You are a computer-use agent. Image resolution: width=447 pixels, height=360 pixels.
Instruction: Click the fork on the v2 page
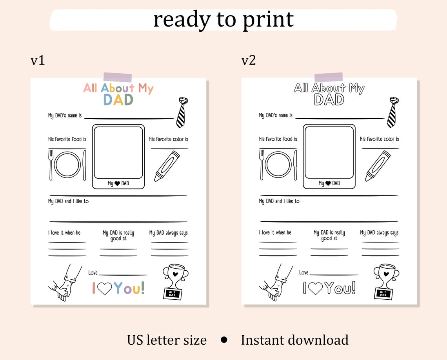262,165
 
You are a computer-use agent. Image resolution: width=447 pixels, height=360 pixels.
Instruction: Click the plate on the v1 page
67,165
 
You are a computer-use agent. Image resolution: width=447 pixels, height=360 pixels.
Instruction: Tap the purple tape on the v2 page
329,77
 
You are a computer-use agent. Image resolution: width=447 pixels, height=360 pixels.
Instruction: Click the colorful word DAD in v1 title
118,100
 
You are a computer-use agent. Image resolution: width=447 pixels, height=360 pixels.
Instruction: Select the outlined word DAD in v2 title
329,100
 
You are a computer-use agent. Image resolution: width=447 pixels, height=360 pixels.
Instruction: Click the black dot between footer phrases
224,340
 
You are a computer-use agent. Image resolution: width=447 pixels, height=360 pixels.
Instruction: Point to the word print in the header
268,19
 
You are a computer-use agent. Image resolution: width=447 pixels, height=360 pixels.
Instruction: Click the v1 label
38,60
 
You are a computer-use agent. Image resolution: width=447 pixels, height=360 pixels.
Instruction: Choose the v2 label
249,60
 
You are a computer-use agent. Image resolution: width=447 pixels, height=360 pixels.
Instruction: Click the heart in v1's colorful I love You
104,289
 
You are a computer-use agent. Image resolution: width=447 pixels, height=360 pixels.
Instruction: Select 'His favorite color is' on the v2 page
379,139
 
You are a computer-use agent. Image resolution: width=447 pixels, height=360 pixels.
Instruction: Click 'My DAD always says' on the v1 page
168,233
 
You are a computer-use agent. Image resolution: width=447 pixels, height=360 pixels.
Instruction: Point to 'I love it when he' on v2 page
275,233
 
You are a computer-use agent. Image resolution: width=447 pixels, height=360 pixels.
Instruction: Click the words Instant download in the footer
294,340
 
